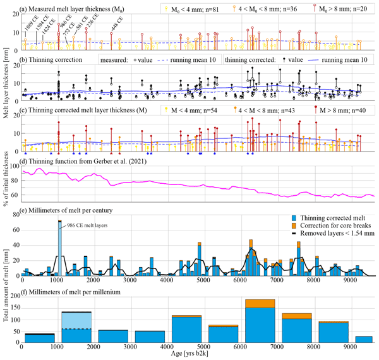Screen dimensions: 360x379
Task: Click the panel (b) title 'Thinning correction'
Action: point(54,59)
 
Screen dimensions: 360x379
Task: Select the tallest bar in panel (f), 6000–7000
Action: point(260,321)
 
